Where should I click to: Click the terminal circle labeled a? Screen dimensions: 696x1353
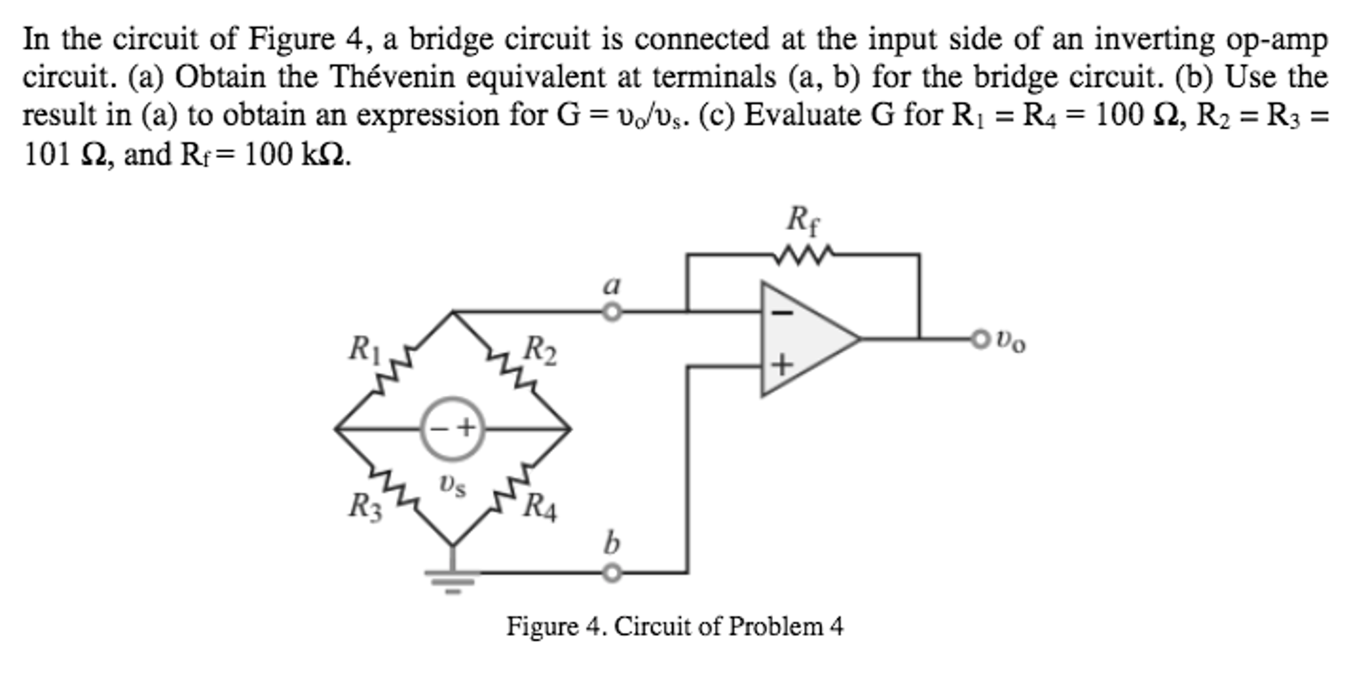tap(612, 311)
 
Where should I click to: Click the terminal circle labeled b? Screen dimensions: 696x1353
tap(612, 572)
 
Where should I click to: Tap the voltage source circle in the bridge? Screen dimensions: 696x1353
tap(453, 429)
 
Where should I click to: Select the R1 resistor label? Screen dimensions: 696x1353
tap(364, 348)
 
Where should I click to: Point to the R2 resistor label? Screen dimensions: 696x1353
tap(540, 350)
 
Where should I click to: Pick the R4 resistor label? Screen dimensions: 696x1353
tap(540, 508)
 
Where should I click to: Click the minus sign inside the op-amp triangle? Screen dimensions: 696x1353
tap(783, 313)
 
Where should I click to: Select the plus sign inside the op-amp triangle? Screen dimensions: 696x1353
tap(782, 365)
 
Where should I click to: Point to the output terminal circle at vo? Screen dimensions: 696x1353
tap(979, 339)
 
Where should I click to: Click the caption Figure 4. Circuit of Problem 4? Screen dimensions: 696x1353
tap(675, 626)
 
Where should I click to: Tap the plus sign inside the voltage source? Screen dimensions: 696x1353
tap(466, 428)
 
